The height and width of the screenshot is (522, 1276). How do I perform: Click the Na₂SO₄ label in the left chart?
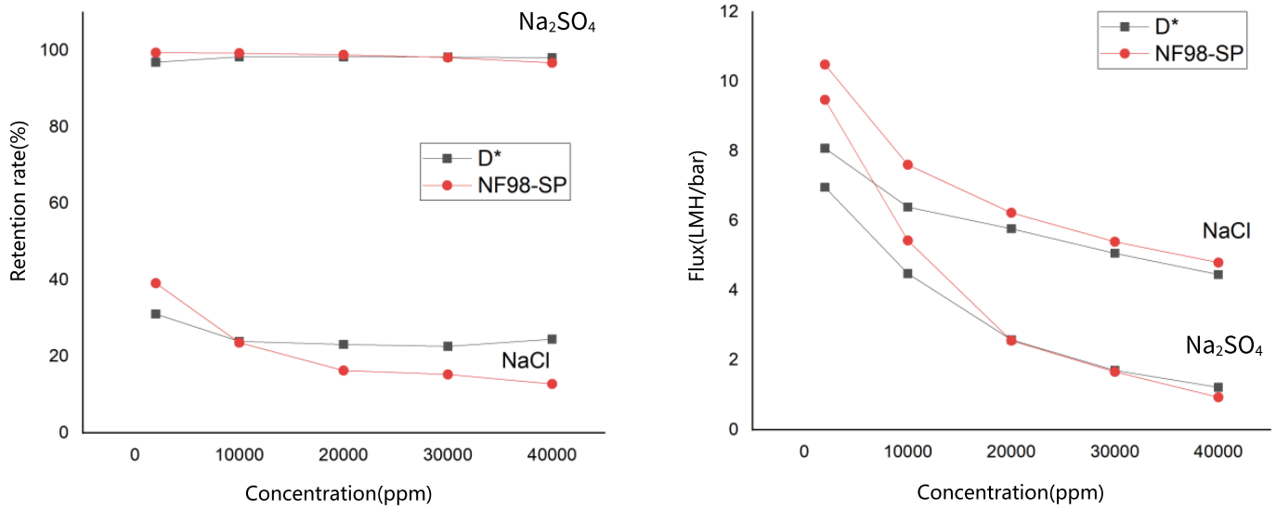(556, 22)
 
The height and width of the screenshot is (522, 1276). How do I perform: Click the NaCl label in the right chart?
(1226, 230)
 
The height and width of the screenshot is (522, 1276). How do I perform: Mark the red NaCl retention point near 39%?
(156, 282)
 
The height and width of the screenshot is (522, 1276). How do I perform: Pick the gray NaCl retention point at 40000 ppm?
(552, 339)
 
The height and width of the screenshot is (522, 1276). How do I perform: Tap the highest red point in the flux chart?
(825, 64)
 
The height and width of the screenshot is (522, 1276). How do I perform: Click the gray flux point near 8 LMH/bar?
(825, 148)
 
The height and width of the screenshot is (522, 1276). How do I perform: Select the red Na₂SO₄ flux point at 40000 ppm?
(1218, 397)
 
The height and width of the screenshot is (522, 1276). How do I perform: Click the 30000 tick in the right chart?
(1114, 451)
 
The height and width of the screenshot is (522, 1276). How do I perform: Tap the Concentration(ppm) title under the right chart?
(1010, 493)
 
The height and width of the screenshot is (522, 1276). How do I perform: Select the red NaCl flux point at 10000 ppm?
(907, 164)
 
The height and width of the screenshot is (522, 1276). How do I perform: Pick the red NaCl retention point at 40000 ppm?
(552, 384)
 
